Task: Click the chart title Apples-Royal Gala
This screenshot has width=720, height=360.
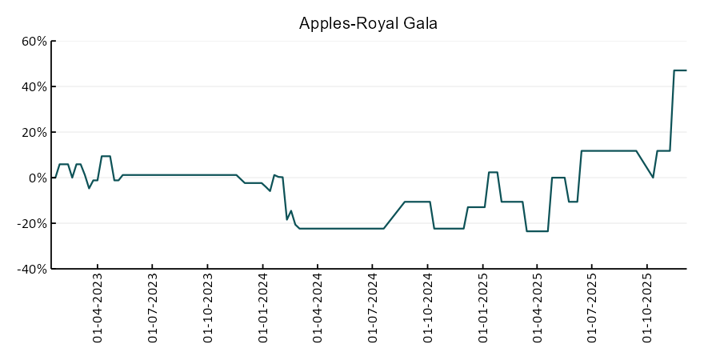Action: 368,23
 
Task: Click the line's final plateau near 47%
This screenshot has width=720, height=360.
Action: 680,70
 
